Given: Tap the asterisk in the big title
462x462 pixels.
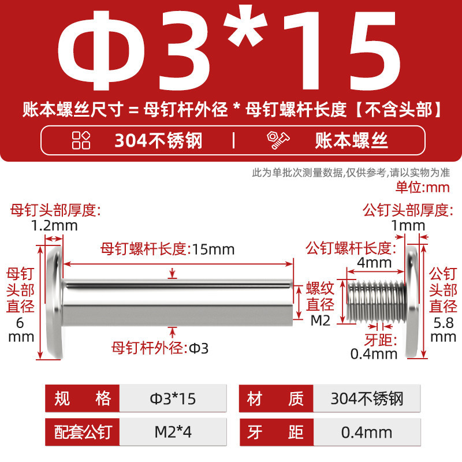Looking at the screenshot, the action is click(x=245, y=26).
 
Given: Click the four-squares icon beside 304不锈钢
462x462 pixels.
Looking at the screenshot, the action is click(x=81, y=140).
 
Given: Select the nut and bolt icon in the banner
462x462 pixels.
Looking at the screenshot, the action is click(x=278, y=140).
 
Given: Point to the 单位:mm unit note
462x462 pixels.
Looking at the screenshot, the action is click(x=423, y=187).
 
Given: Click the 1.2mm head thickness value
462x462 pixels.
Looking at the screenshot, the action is click(x=54, y=226).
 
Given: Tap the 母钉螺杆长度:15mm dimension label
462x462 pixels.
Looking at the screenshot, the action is click(x=167, y=249).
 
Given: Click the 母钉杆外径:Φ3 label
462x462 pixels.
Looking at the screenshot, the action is click(x=160, y=348).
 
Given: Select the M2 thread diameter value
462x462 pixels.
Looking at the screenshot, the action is click(x=321, y=321).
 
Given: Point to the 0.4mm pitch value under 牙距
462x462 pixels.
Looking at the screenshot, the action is click(x=374, y=354).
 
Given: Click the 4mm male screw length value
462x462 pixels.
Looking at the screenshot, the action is click(x=374, y=263).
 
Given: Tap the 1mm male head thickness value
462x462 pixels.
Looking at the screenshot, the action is click(x=408, y=226).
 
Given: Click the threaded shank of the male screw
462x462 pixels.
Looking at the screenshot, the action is click(x=377, y=301).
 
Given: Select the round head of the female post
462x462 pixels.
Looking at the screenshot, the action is click(x=55, y=302).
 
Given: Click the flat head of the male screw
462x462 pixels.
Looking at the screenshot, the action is click(x=412, y=302).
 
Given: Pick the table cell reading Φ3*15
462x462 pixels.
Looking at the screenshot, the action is click(x=173, y=398).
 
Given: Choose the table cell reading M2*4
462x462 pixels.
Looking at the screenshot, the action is click(x=173, y=432).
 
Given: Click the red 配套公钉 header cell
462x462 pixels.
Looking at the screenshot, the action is click(x=82, y=432).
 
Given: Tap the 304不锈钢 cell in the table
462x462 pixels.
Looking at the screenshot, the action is click(x=367, y=398).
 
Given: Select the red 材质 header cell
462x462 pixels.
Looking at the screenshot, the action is click(x=276, y=398).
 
